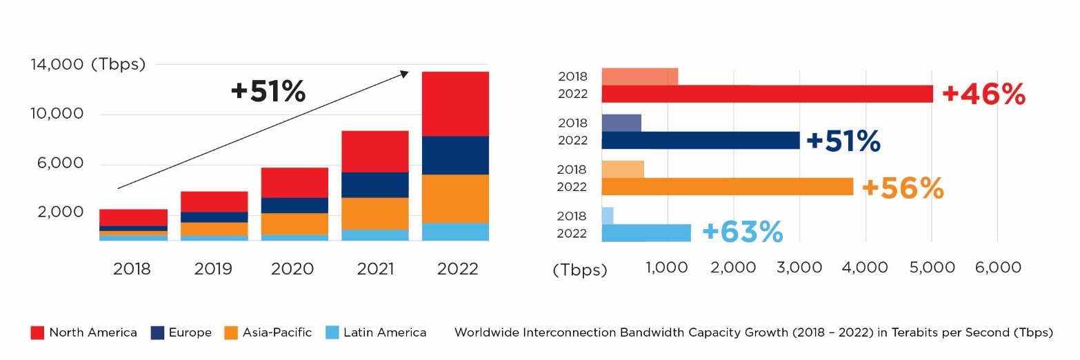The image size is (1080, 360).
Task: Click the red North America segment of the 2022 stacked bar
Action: [456, 103]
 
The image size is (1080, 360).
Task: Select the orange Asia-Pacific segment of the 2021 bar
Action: [374, 213]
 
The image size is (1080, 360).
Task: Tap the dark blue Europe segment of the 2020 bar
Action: [294, 205]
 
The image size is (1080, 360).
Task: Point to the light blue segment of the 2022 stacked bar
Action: [456, 232]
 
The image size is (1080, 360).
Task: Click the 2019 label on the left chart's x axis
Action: [212, 269]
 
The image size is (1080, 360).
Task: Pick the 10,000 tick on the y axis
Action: [57, 114]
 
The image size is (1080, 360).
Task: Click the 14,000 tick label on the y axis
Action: [57, 65]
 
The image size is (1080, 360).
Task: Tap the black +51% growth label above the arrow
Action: [268, 92]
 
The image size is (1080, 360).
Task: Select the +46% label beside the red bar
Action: [983, 94]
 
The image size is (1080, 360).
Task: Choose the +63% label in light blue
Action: [742, 232]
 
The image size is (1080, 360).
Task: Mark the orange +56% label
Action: [903, 188]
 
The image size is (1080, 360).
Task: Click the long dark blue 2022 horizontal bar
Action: [700, 141]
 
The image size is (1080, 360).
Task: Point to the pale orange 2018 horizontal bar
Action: [623, 169]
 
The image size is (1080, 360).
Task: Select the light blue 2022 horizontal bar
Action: [646, 233]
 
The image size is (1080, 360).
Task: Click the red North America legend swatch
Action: [37, 333]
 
